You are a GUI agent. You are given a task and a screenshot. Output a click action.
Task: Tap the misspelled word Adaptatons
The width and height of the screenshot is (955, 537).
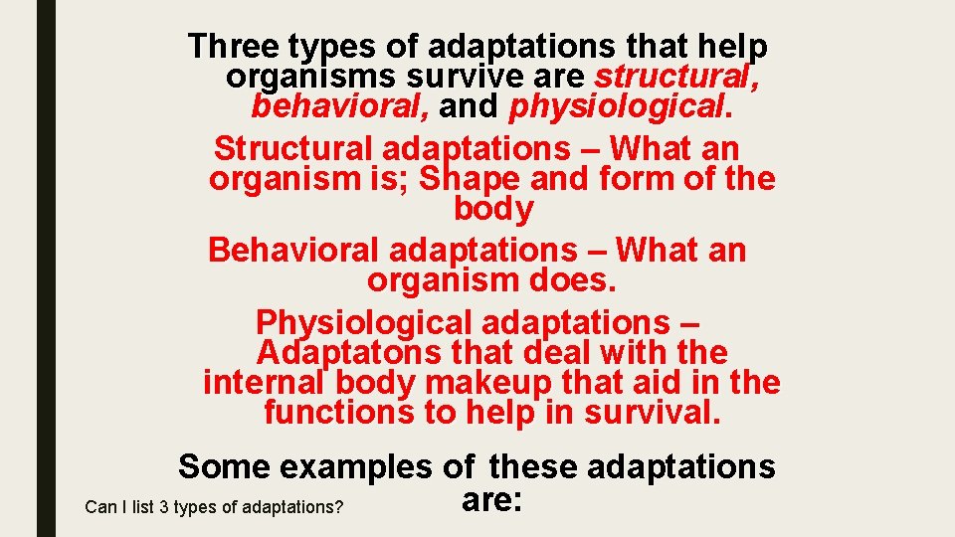[353, 352]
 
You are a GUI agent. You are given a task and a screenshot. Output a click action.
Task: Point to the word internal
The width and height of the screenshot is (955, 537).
[264, 382]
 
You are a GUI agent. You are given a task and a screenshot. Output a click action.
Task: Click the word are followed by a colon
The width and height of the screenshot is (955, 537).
[491, 500]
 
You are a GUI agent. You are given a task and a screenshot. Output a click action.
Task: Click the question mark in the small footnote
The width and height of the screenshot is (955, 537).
[339, 507]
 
